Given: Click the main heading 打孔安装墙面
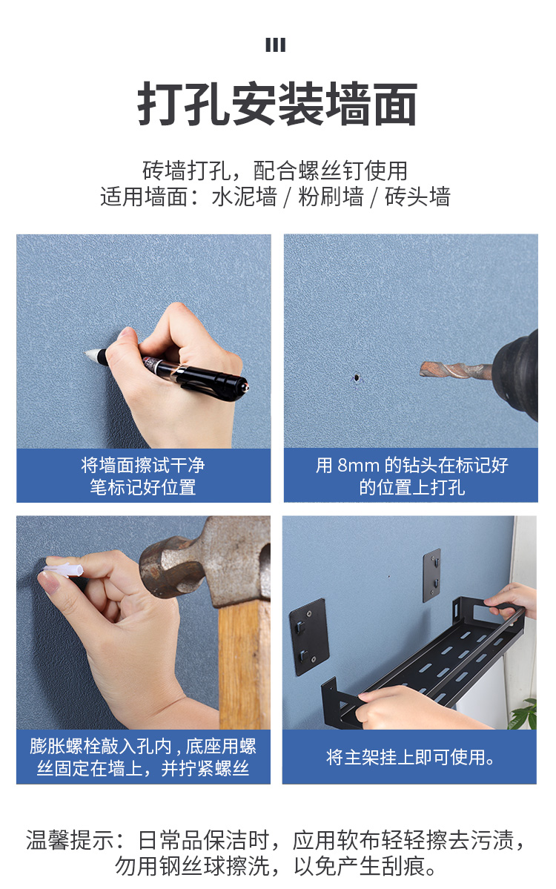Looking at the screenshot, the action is pos(277,104).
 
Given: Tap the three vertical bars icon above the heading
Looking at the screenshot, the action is pos(276,44).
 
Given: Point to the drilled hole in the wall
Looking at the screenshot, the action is pos(357,377).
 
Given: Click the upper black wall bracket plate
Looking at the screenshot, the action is pos(432,575).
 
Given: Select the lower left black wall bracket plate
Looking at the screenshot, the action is pos(309,636).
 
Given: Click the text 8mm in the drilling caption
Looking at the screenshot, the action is pos(358,466).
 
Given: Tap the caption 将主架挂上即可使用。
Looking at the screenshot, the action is pos(410,757).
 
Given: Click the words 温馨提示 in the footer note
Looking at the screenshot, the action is pos(70,839).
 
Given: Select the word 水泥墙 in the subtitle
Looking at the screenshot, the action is pos(244,197).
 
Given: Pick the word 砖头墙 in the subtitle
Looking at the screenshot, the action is pos(417,197).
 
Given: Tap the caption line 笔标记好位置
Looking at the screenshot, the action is pos(143,487).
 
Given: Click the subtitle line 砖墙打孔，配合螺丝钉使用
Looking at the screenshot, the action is pos(275,170).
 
